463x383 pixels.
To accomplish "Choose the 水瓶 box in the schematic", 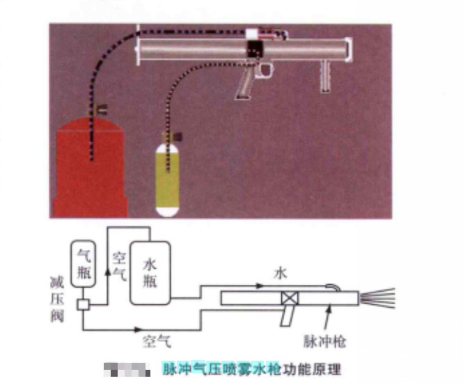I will [x=150, y=272].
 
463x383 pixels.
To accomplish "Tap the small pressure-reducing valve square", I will [x=82, y=304].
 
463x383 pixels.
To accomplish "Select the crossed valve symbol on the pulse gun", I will [x=288, y=298].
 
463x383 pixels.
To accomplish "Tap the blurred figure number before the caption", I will [x=126, y=368].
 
